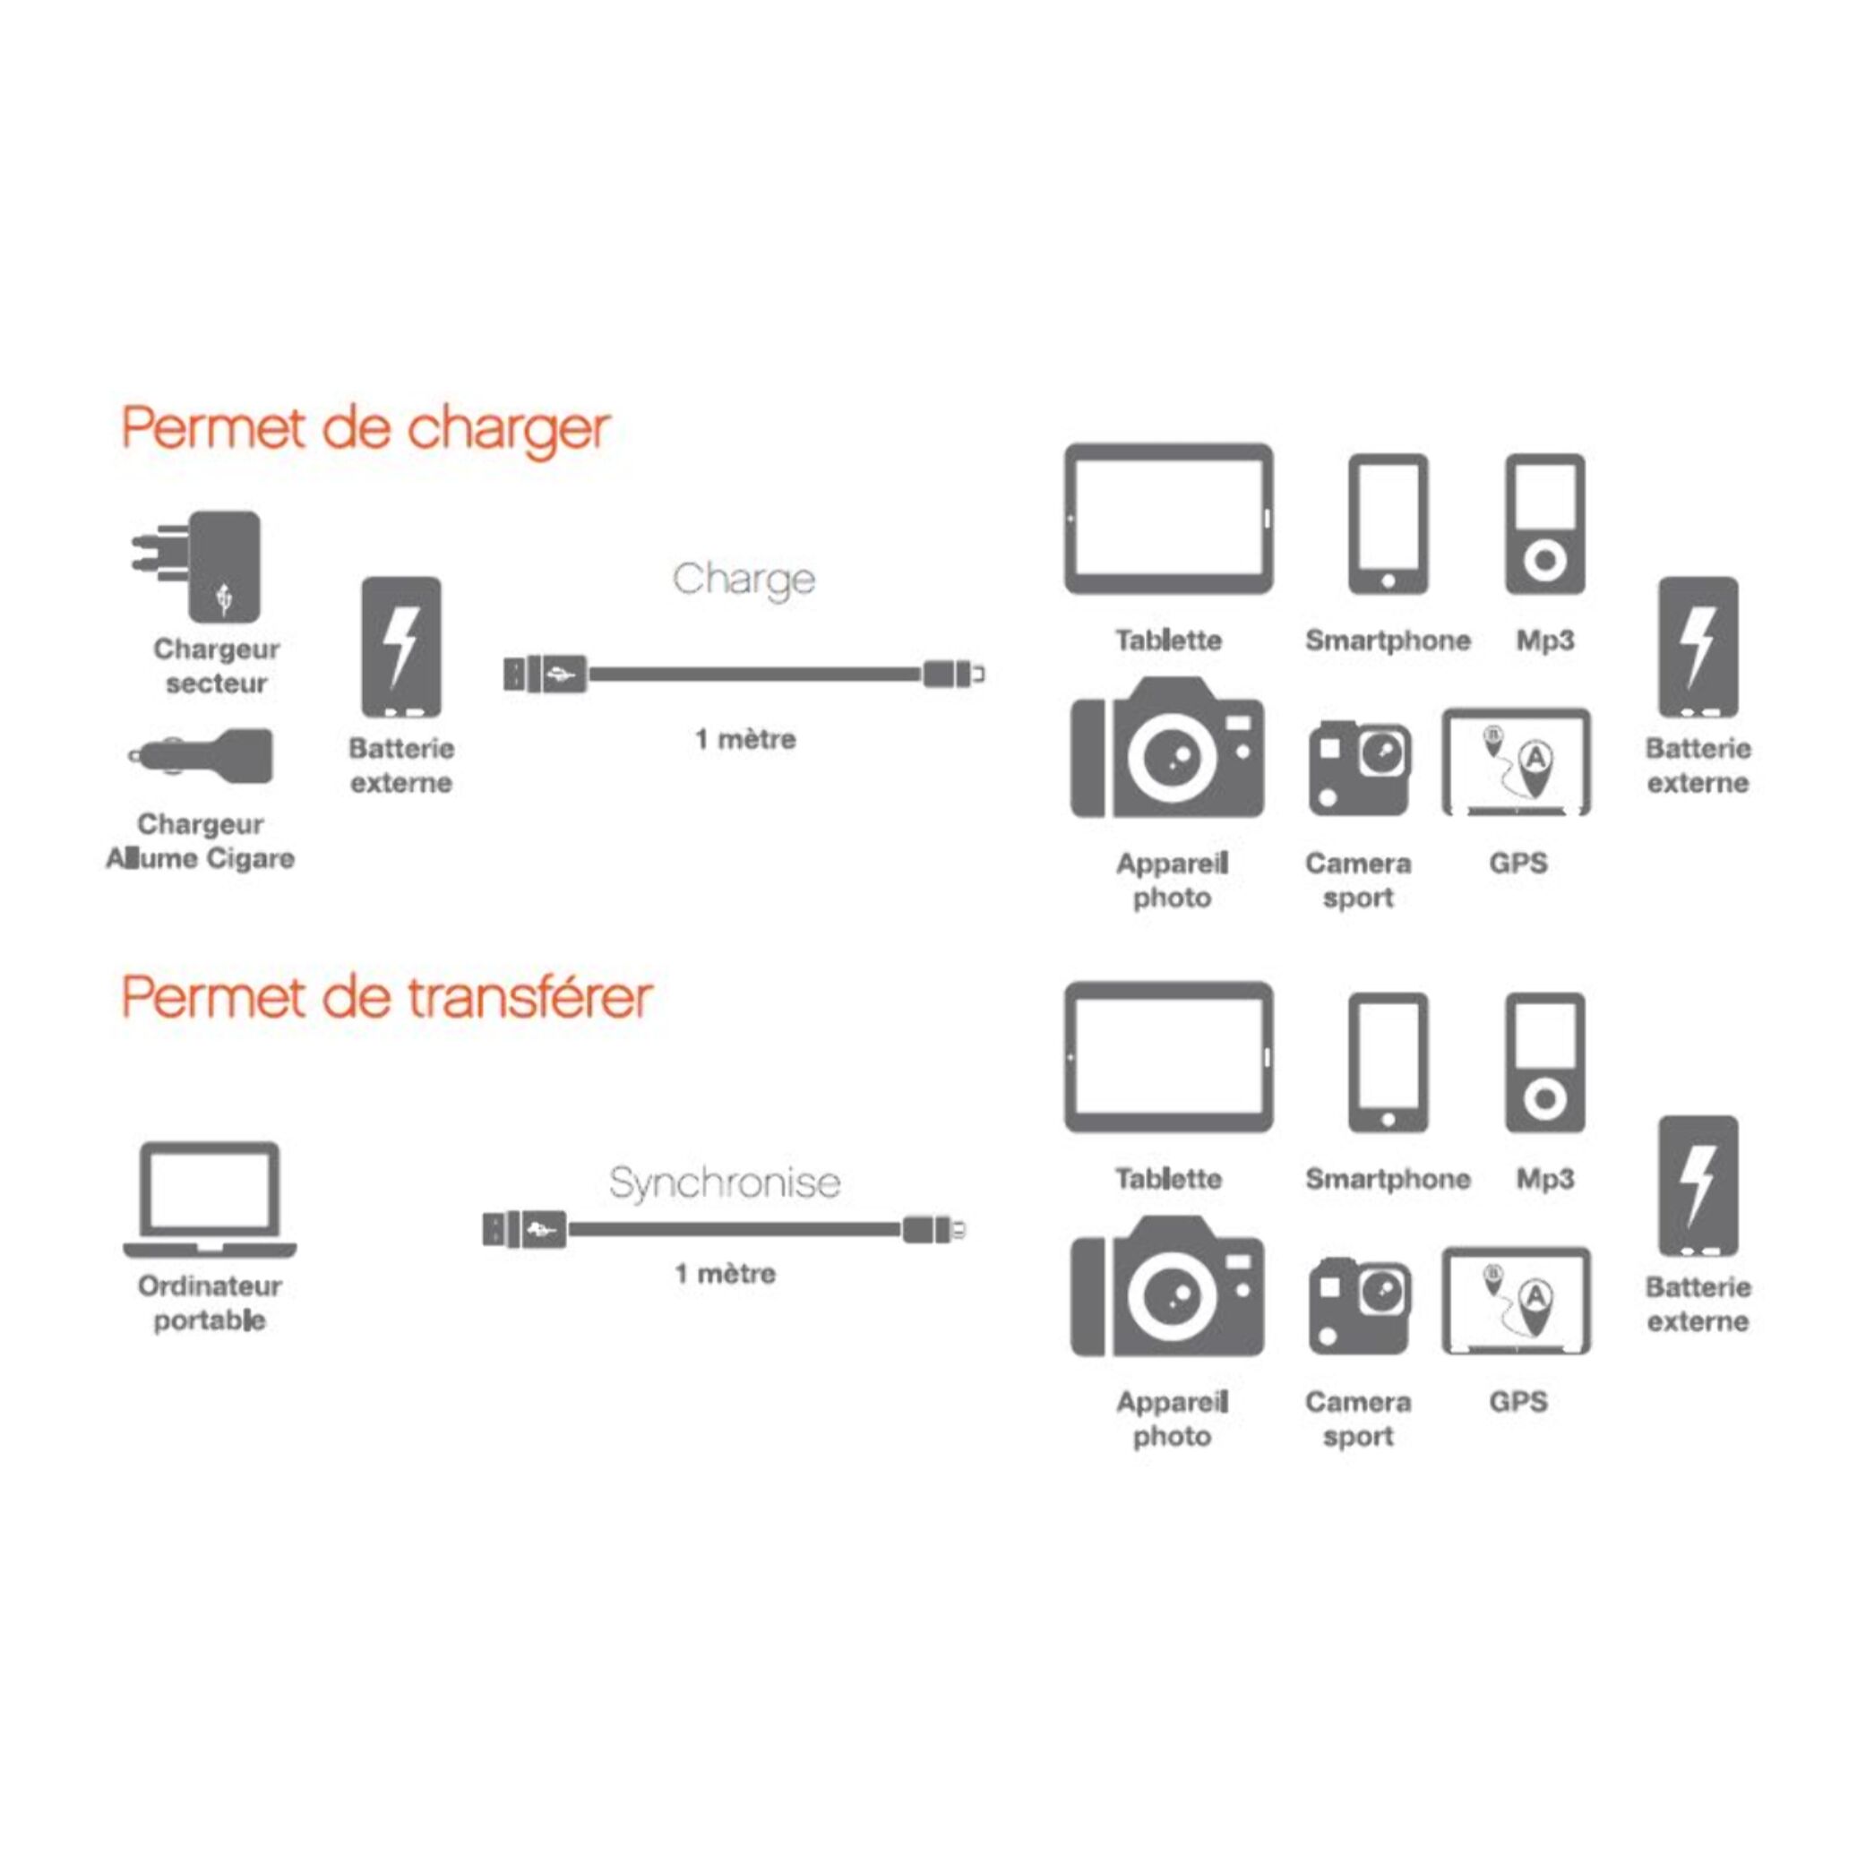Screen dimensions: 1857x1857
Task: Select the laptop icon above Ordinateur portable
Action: pos(210,1199)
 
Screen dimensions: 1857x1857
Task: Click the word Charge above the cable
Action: pos(743,580)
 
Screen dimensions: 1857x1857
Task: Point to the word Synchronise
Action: pos(725,1182)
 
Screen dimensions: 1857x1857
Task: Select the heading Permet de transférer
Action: pos(386,997)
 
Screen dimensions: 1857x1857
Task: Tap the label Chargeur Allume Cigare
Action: pos(200,841)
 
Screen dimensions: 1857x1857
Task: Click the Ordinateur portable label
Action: pos(210,1302)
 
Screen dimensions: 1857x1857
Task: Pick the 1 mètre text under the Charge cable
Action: pos(745,739)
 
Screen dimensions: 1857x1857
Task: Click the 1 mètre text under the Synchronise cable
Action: pos(725,1274)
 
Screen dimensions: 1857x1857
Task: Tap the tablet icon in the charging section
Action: pos(1168,519)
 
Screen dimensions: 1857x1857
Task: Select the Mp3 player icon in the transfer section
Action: pos(1543,1062)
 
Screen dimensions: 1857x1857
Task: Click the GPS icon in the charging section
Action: pos(1516,762)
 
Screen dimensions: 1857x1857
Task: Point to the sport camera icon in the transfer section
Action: pos(1358,1305)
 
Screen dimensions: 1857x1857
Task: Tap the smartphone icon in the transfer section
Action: pos(1387,1062)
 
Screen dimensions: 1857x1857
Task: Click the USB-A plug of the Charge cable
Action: pos(544,674)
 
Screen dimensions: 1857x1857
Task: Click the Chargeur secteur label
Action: pos(216,666)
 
